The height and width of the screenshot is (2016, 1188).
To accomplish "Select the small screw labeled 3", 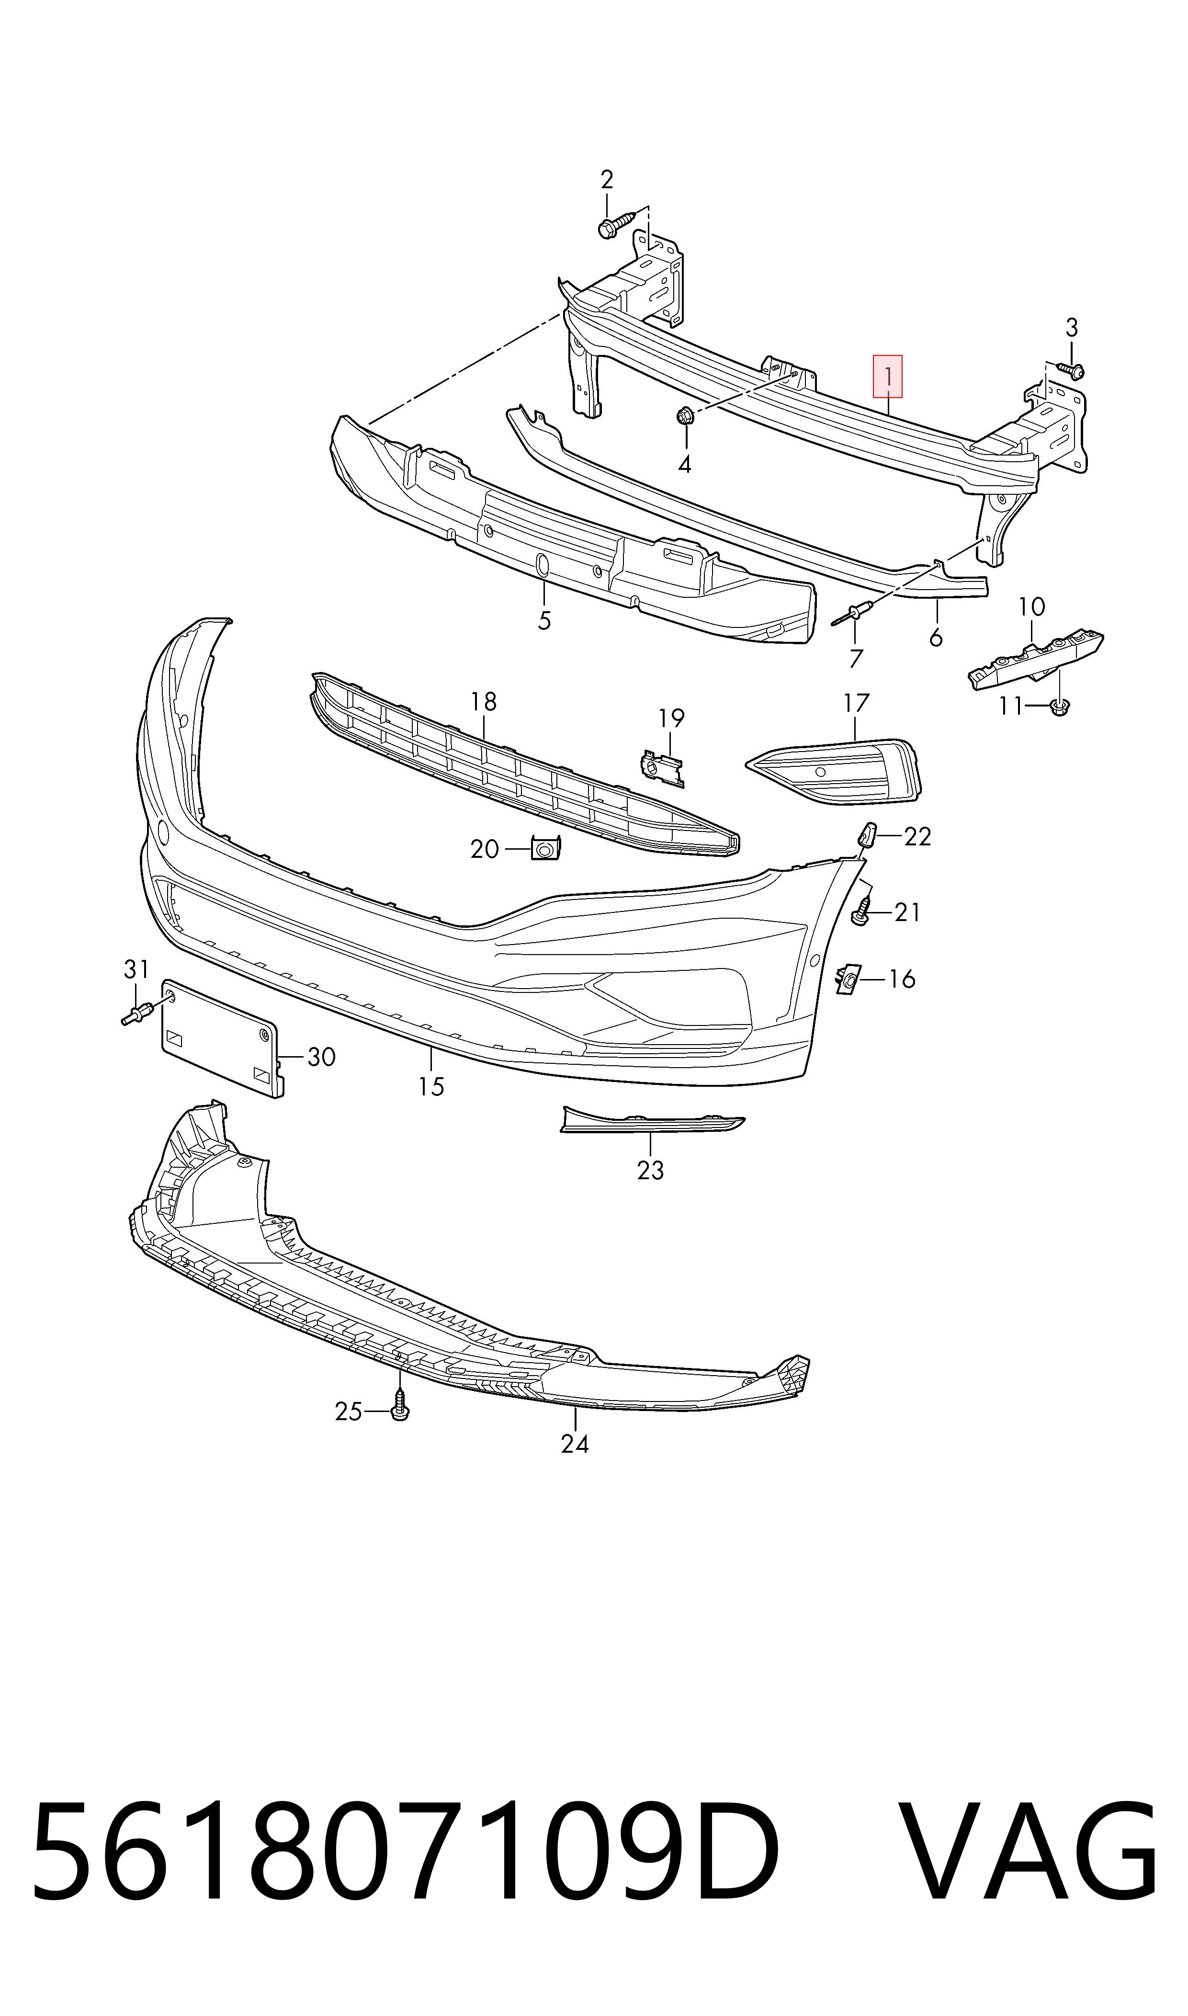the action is point(1071,370).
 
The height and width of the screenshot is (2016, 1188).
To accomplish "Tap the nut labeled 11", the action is point(1058,707).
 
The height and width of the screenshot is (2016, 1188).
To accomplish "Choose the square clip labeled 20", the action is point(546,847).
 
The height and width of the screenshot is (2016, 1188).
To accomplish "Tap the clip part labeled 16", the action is point(847,979).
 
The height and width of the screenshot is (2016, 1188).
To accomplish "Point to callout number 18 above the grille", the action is point(484,702).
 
